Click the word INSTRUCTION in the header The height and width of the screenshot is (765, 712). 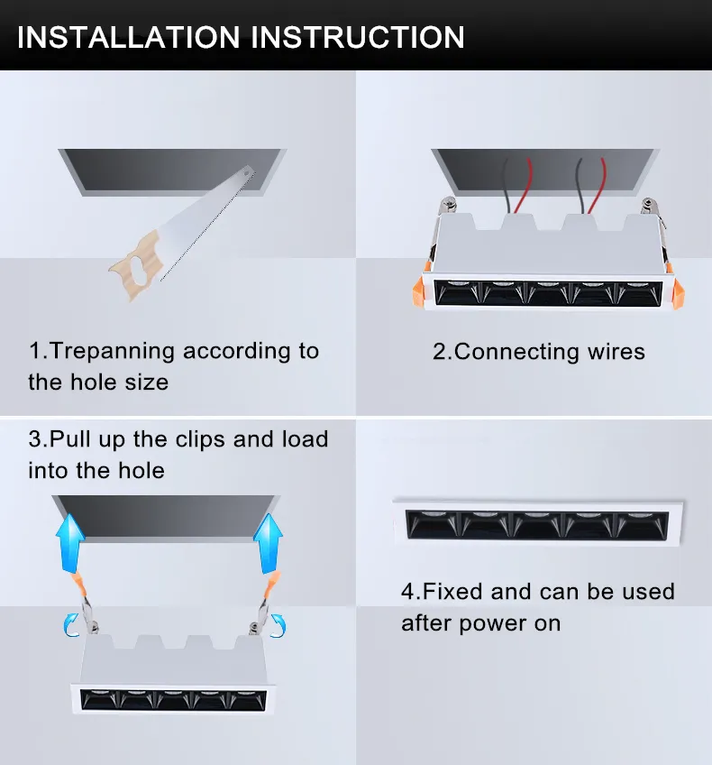[358, 37]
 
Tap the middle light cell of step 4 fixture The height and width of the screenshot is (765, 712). [537, 524]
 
